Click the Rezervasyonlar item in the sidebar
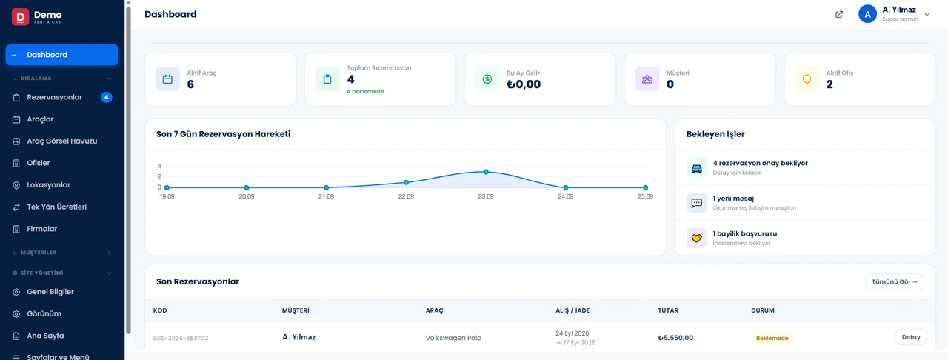(x=54, y=98)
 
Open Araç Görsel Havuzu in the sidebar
(x=61, y=141)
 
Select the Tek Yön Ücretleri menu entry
(x=57, y=207)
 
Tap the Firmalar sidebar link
(x=42, y=229)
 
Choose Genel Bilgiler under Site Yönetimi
(x=50, y=291)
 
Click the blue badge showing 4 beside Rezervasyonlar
(x=106, y=98)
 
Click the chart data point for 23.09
(x=486, y=172)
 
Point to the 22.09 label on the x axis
(x=406, y=196)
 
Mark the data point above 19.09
(x=167, y=187)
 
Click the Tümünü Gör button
(x=894, y=281)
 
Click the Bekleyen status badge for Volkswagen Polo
(x=772, y=338)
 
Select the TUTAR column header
(x=668, y=310)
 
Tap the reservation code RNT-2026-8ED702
(x=181, y=338)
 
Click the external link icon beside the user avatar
(x=839, y=14)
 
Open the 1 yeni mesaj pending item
(x=733, y=199)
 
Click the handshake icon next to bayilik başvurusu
(x=697, y=238)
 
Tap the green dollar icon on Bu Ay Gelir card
(x=487, y=79)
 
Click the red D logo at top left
(x=20, y=17)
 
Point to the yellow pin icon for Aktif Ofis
(x=807, y=79)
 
